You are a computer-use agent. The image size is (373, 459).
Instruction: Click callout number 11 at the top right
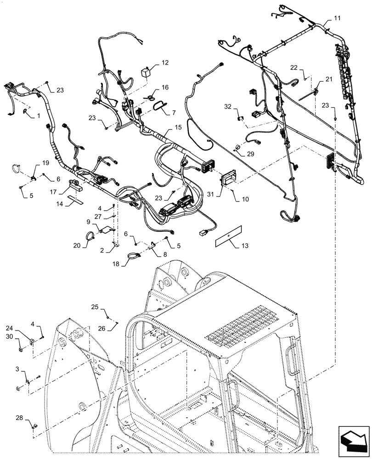pos(337,18)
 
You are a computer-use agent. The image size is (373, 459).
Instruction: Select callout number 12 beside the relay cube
pos(164,62)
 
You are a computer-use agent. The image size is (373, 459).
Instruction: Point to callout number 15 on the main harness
pos(178,127)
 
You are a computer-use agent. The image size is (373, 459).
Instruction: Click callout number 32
pos(228,106)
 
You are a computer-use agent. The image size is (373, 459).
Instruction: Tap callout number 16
pos(165,87)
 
